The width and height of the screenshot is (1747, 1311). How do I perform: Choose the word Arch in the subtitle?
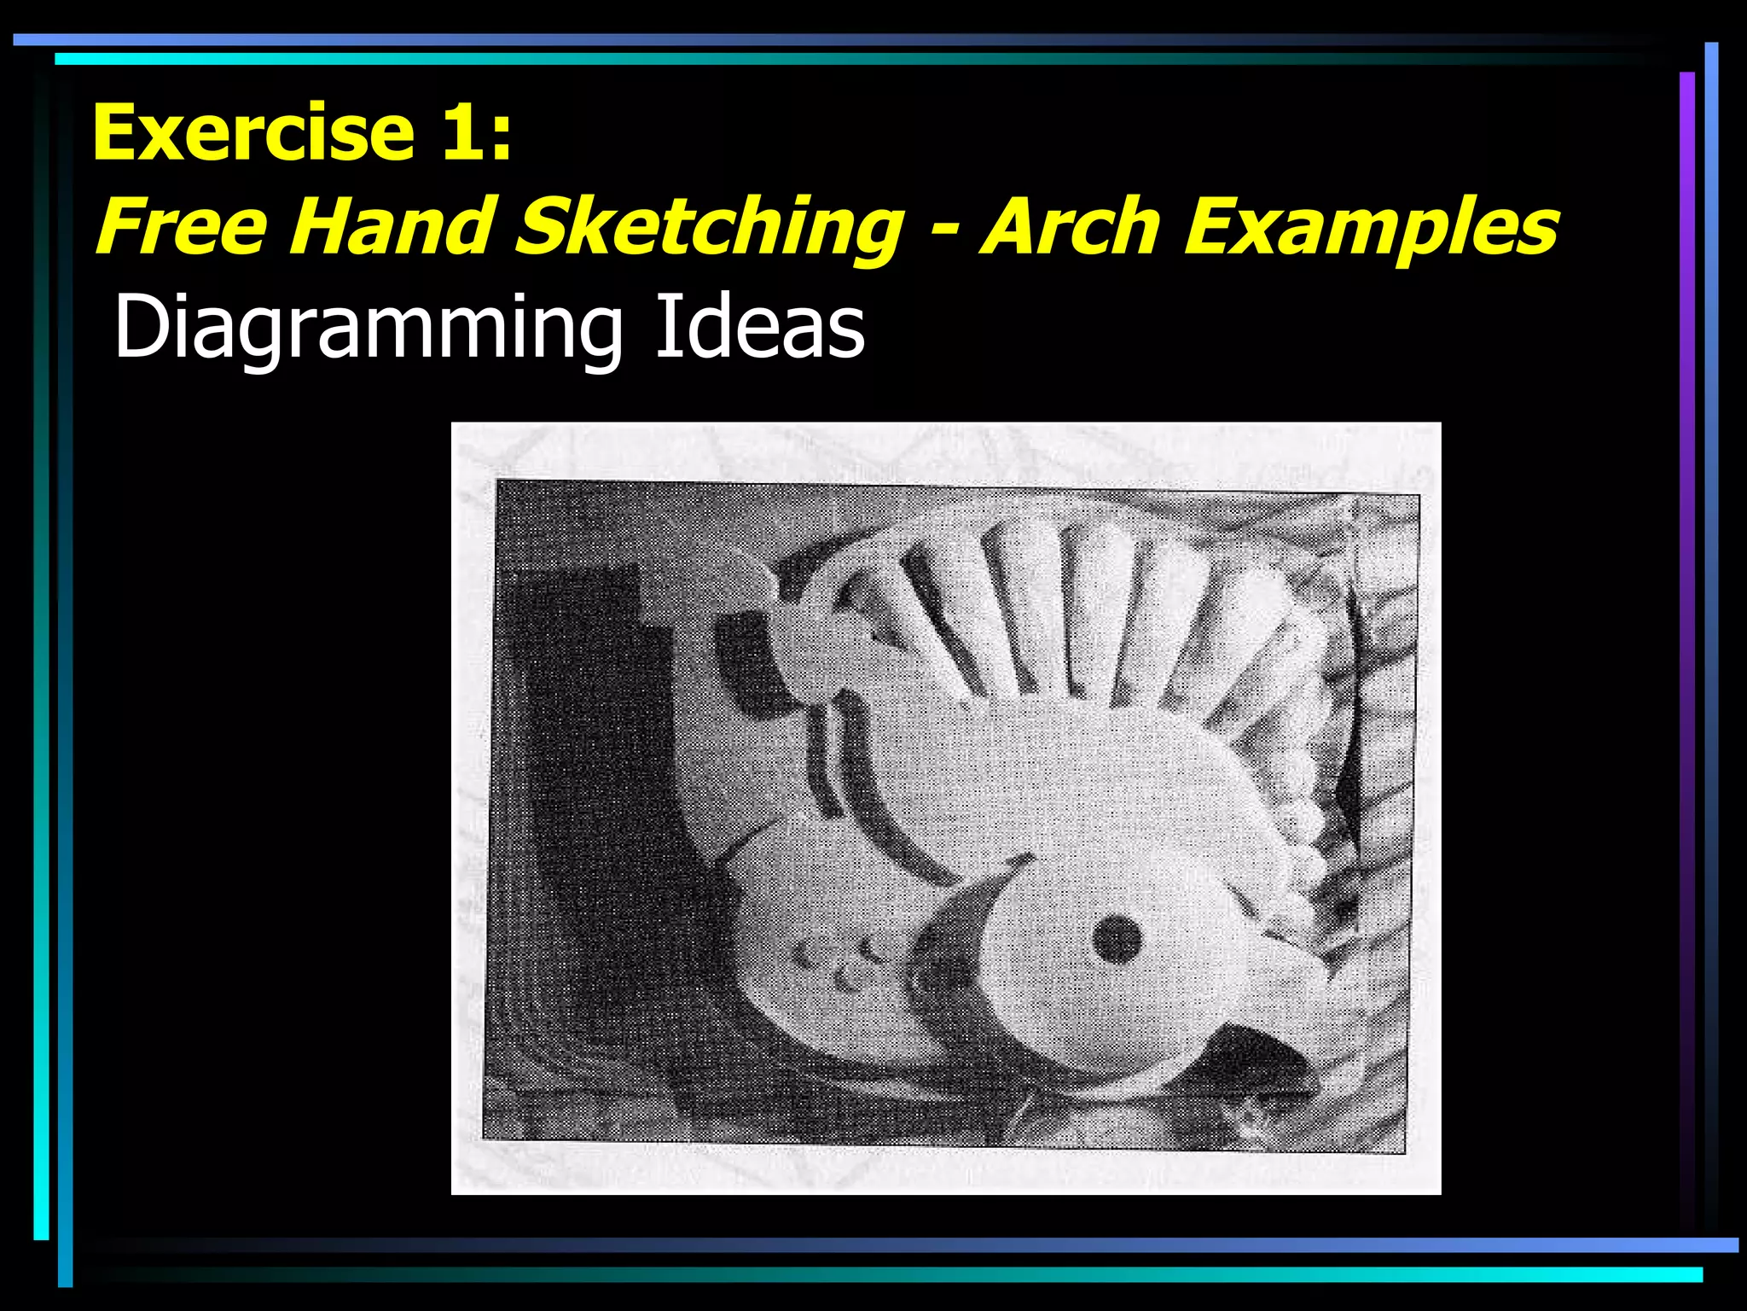tap(1071, 226)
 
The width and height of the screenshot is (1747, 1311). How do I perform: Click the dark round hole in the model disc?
tap(1116, 939)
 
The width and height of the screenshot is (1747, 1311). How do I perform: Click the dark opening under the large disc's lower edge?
tap(1254, 1058)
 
